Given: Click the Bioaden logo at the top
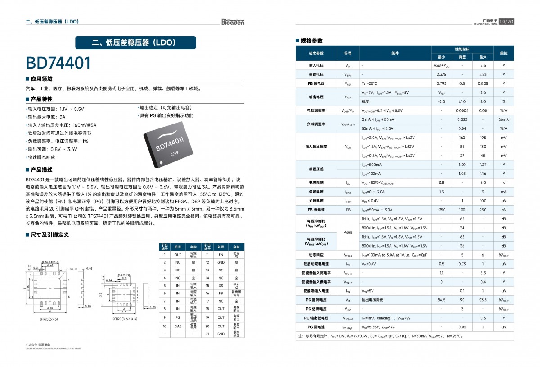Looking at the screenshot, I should click(233, 22).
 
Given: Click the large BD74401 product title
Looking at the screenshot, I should click(58, 63).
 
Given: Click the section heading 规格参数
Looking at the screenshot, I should click(311, 41).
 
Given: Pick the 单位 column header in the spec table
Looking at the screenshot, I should click(504, 53).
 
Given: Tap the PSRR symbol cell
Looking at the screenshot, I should click(348, 232).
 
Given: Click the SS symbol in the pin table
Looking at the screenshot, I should click(220, 285).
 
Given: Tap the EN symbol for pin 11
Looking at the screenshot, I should click(220, 255).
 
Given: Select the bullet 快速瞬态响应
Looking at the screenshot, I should click(41, 157).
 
